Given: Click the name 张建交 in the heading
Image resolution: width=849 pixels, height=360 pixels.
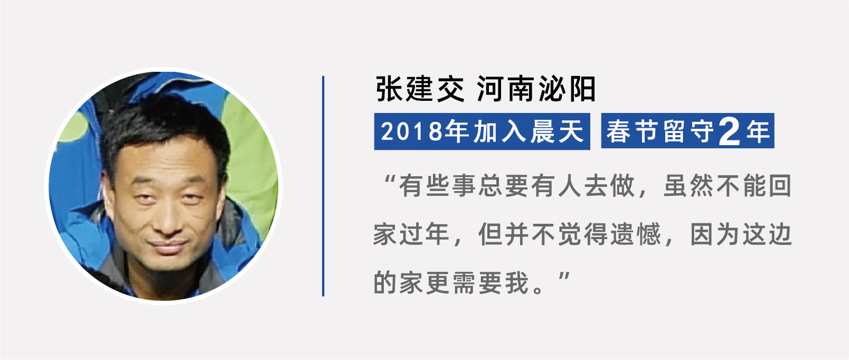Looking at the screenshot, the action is click(420, 89).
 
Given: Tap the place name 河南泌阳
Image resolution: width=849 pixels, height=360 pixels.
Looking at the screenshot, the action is click(536, 89).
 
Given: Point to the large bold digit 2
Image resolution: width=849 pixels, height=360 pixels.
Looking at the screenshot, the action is click(729, 131).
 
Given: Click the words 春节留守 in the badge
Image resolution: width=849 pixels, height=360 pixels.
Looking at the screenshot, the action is click(661, 131).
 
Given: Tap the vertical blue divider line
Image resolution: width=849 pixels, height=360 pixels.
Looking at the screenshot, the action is click(323, 186).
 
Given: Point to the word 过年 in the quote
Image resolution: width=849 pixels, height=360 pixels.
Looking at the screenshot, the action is click(425, 234).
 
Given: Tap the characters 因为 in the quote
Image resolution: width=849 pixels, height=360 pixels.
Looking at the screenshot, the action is click(715, 234).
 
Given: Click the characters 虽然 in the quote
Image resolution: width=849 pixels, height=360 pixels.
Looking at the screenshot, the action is click(688, 186).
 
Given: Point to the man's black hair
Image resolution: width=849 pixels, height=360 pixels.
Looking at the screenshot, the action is click(163, 125).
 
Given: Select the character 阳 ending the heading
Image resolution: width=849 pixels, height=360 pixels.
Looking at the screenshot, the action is click(582, 89).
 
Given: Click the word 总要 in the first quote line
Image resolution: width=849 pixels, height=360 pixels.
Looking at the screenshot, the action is click(504, 186).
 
